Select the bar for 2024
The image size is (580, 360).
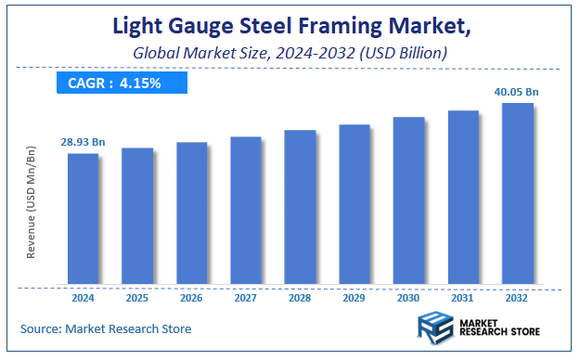pyautogui.click(x=83, y=218)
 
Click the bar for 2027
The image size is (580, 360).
pyautogui.click(x=246, y=210)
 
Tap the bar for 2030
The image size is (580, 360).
pyautogui.click(x=409, y=199)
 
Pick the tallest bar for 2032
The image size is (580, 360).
pyautogui.click(x=518, y=193)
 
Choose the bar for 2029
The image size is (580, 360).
pyautogui.click(x=354, y=203)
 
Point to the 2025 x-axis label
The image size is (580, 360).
pyautogui.click(x=137, y=299)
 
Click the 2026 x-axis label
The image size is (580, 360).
pyautogui.click(x=191, y=299)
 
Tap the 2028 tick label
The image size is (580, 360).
pyautogui.click(x=300, y=299)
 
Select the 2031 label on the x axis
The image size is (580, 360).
pyautogui.click(x=463, y=299)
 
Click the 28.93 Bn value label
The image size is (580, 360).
pyautogui.click(x=84, y=141)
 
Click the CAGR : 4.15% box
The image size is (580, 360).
pyautogui.click(x=115, y=84)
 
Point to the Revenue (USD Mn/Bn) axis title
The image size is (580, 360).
pyautogui.click(x=32, y=213)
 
